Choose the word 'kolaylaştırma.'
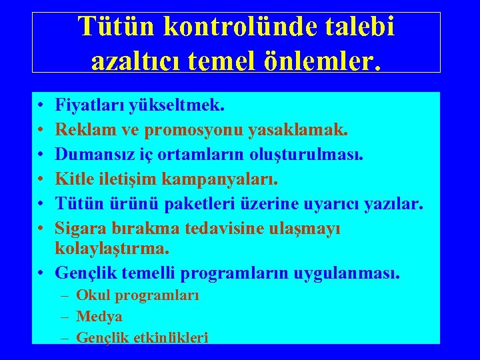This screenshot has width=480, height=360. point(112,248)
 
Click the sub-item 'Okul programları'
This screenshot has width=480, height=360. point(137,295)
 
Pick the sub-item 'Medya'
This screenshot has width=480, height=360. point(99,317)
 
